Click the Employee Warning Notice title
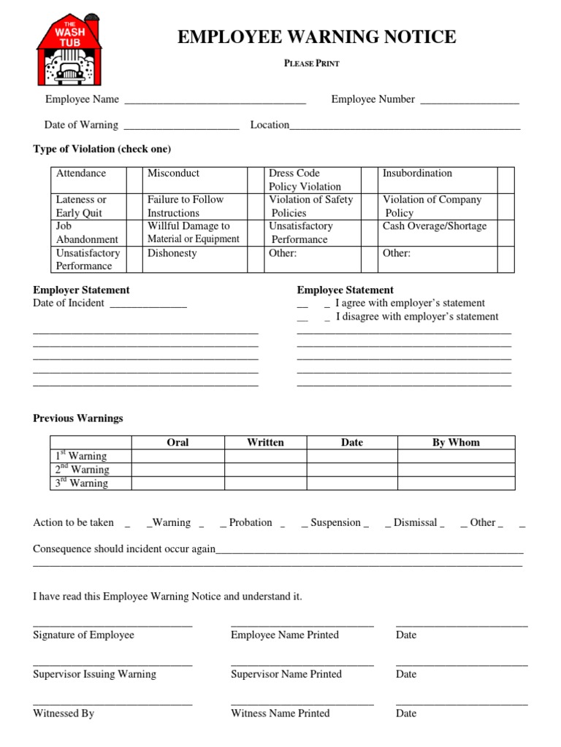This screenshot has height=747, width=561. pyautogui.click(x=316, y=37)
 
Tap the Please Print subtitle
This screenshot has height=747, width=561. pyautogui.click(x=312, y=63)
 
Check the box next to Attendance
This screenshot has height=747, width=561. pyautogui.click(x=134, y=179)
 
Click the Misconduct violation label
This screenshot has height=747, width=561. pyautogui.click(x=173, y=174)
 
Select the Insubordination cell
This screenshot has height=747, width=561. pyautogui.click(x=417, y=174)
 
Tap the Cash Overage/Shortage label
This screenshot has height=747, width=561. pyautogui.click(x=434, y=226)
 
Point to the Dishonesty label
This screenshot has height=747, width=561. pyautogui.click(x=172, y=253)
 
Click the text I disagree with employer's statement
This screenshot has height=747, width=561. pyautogui.click(x=417, y=317)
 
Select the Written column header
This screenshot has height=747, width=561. pyautogui.click(x=265, y=442)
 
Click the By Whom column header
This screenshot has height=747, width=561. pyautogui.click(x=456, y=442)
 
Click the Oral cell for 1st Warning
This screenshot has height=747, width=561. pyautogui.click(x=178, y=456)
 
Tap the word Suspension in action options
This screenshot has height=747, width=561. pyautogui.click(x=335, y=522)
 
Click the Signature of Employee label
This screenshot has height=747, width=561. pyautogui.click(x=83, y=635)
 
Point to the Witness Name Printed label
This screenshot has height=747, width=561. pyautogui.click(x=280, y=713)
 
